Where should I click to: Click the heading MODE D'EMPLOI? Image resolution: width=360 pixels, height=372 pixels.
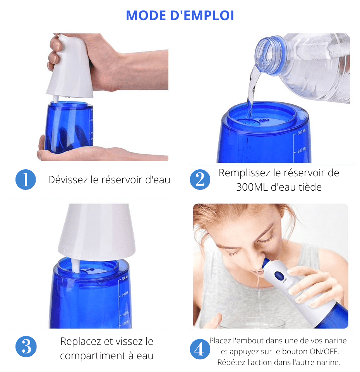[x=180, y=15]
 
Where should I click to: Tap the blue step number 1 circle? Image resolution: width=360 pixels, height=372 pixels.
[x=26, y=180]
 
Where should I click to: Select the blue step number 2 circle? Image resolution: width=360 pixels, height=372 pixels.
[x=200, y=180]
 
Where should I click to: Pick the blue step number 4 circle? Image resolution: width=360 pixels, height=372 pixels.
[x=200, y=349]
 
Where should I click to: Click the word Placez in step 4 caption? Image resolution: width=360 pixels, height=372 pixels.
[x=221, y=341]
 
